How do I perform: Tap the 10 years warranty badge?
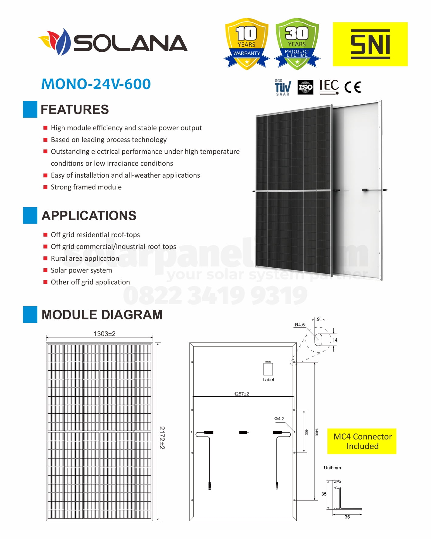(247, 43)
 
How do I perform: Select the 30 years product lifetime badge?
(297, 43)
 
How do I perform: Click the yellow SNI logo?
(370, 44)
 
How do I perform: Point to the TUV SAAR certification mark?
(283, 88)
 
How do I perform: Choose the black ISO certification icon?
(305, 88)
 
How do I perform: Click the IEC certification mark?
(329, 87)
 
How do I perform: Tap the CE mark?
(353, 87)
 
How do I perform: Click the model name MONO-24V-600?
(96, 84)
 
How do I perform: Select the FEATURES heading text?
(75, 110)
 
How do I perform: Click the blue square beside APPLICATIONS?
(30, 215)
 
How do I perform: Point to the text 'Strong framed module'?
(86, 187)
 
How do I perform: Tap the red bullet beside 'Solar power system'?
(45, 270)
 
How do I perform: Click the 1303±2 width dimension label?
(104, 334)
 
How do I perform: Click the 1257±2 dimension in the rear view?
(241, 394)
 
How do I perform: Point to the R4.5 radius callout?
(300, 325)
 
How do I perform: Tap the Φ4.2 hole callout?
(279, 419)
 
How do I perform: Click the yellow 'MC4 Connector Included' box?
(362, 441)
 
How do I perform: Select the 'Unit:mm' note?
(332, 468)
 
